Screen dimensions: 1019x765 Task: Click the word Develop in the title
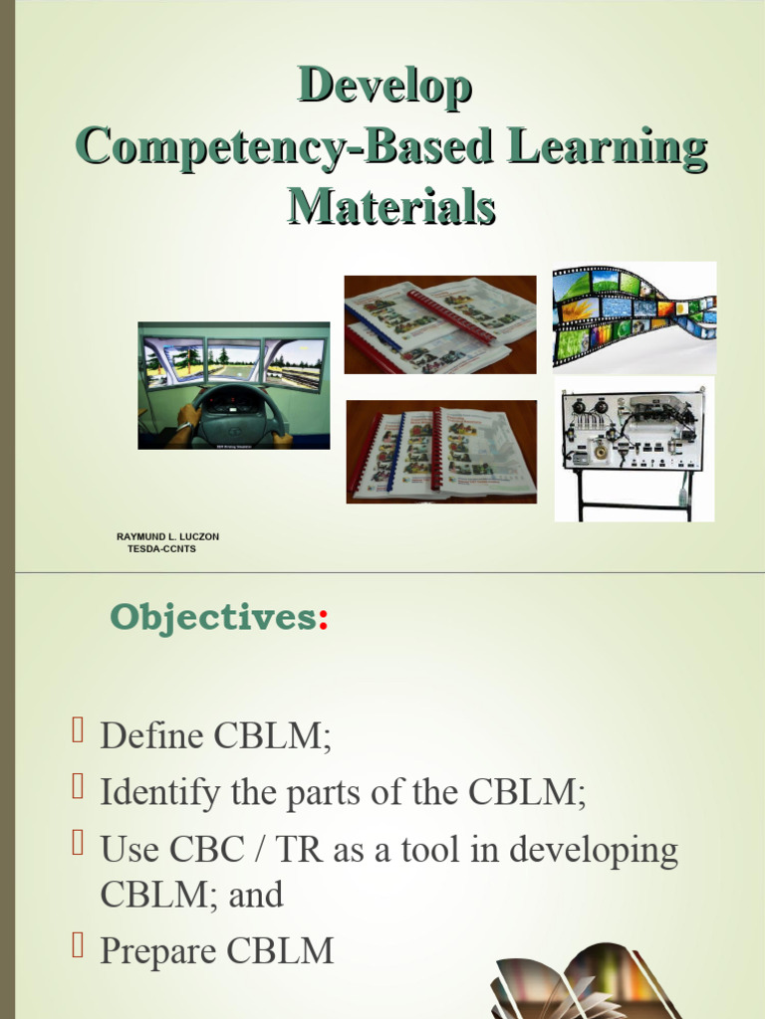[384, 87]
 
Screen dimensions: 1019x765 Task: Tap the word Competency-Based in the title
[284, 147]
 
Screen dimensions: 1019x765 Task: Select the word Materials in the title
[391, 207]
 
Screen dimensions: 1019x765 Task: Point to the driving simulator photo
[233, 385]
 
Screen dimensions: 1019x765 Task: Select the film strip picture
[634, 316]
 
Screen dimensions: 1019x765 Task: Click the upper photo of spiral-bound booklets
[439, 324]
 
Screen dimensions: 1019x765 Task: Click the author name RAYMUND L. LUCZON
[167, 537]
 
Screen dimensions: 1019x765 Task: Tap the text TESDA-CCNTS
[161, 549]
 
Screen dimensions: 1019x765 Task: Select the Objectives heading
[212, 617]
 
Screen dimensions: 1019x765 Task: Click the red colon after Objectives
[322, 619]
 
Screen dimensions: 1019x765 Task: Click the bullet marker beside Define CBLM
[79, 734]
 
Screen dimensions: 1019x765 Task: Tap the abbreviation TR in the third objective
[294, 850]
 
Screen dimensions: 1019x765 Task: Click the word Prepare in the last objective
[158, 951]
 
